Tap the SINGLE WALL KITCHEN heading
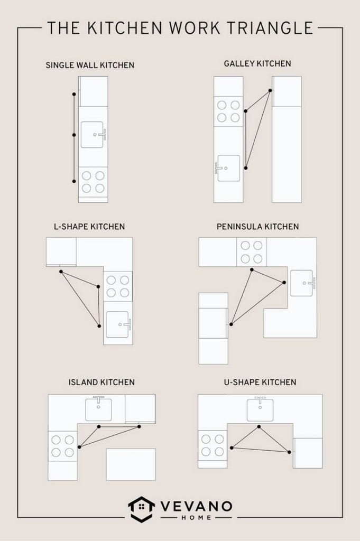[x=90, y=66]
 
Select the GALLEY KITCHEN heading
[x=257, y=63]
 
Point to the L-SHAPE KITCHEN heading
[x=89, y=227]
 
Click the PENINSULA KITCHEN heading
[x=257, y=227]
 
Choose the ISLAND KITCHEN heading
[x=101, y=382]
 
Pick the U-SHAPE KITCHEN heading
[x=260, y=382]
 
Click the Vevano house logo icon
[x=141, y=508]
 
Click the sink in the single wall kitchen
[x=93, y=135]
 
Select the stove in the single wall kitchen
[x=93, y=181]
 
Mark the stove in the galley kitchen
[x=228, y=111]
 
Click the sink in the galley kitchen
[x=228, y=168]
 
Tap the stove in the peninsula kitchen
[x=251, y=252]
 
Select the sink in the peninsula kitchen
[x=302, y=283]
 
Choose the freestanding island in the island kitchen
[x=131, y=464]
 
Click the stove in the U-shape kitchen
[x=213, y=445]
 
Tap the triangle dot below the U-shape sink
[x=259, y=426]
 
